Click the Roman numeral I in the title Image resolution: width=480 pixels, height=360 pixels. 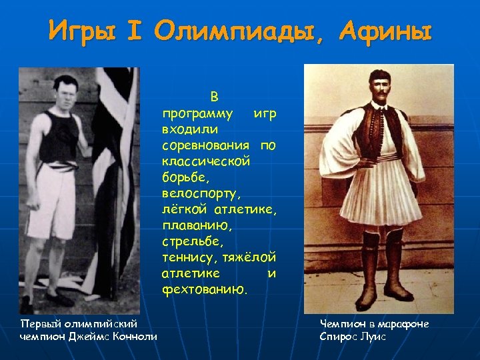pos(143,31)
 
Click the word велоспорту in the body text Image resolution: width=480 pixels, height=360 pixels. pos(200,194)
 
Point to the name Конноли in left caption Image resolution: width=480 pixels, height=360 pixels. pos(137,336)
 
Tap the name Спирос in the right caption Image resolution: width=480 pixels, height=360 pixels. pos(339,336)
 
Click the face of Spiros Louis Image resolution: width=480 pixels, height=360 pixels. pos(379,90)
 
